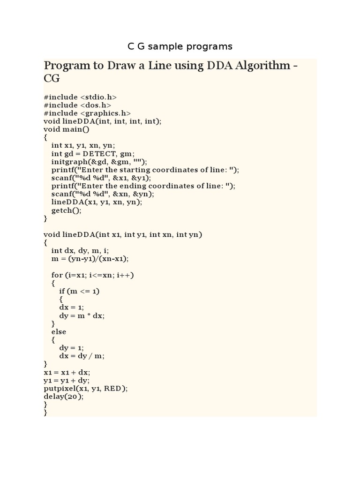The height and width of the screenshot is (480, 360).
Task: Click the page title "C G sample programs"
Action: point(180,46)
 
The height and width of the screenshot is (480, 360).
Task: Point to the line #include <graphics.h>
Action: point(87,113)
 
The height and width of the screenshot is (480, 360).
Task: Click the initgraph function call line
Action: point(99,162)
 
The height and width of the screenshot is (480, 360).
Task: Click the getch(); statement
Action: point(66,210)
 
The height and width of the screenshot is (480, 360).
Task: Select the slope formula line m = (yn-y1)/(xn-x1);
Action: point(90,259)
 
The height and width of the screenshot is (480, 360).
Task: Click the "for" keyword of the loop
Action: point(56,275)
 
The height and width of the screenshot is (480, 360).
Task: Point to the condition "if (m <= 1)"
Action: point(79,291)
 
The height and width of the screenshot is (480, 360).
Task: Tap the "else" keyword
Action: point(59,332)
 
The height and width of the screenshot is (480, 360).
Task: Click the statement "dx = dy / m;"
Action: point(82,356)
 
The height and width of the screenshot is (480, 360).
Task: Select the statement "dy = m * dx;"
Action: point(82,315)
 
